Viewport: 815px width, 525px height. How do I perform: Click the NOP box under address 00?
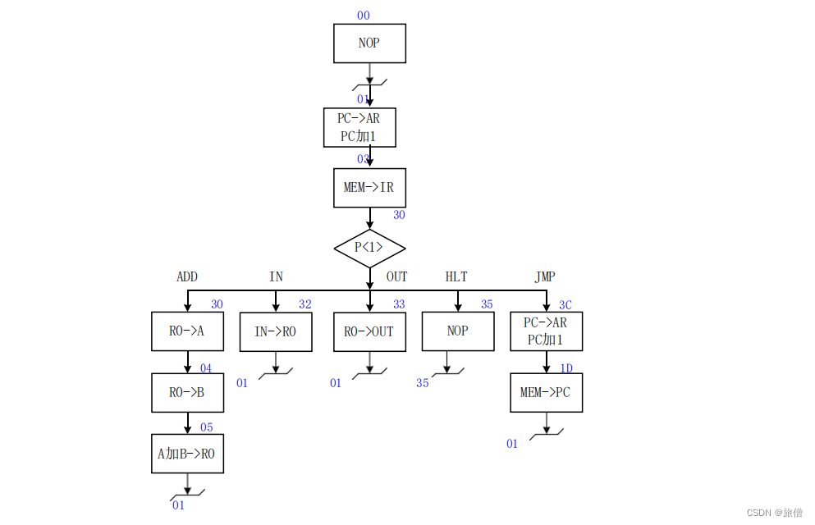[369, 43]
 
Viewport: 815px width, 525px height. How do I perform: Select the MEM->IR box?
[369, 188]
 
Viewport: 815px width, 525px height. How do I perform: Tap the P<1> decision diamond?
[369, 248]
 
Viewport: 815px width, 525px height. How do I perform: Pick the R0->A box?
[187, 331]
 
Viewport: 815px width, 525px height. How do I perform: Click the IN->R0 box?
[276, 331]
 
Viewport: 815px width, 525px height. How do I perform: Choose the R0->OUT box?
[369, 331]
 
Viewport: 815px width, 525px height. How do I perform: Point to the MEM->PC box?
[546, 392]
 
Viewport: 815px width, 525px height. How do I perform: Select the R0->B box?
[187, 392]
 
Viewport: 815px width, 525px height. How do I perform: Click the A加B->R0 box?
[187, 454]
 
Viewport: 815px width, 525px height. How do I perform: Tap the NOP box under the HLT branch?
[458, 331]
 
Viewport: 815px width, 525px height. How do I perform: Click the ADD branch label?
[187, 277]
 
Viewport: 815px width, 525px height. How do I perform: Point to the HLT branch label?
[456, 277]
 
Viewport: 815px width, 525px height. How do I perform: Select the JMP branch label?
[545, 277]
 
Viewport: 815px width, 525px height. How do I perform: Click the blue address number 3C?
[565, 305]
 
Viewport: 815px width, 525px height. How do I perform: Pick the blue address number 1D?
[566, 368]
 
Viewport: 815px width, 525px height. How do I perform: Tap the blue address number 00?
[363, 16]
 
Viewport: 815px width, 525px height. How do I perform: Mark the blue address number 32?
[305, 304]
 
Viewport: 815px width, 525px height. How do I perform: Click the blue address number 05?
[206, 427]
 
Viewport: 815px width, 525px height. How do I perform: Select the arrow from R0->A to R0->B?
[187, 363]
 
